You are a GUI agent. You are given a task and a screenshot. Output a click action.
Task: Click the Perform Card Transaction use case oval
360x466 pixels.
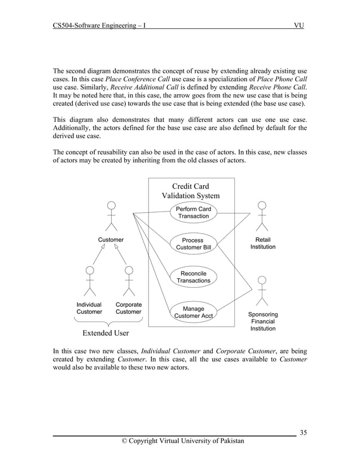pos(194,213)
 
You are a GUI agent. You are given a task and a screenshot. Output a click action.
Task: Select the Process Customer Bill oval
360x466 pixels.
pos(194,244)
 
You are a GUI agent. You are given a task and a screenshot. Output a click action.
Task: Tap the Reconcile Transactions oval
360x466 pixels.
pos(194,277)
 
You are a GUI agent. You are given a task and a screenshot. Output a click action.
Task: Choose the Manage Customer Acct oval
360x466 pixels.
pos(194,313)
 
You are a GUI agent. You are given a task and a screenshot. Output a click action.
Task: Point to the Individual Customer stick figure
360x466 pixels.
pos(89,281)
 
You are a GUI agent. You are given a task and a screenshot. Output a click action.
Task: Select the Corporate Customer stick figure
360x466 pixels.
pos(129,281)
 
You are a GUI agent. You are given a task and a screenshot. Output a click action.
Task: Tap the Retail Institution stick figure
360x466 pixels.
pos(262,217)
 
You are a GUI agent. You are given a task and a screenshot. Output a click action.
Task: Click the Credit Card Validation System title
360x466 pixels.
pos(191,191)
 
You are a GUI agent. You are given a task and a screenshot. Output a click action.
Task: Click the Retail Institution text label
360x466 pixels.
pos(263,243)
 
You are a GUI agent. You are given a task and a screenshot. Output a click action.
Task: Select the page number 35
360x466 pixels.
pos(304,433)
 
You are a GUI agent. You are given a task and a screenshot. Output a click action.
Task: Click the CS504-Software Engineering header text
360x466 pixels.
pos(100,26)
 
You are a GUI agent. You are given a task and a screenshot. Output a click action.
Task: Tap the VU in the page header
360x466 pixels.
pos(299,26)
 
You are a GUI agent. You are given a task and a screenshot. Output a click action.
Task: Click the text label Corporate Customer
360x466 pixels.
pos(129,308)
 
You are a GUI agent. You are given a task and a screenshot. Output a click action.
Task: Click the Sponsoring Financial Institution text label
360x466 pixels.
pos(263,322)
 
